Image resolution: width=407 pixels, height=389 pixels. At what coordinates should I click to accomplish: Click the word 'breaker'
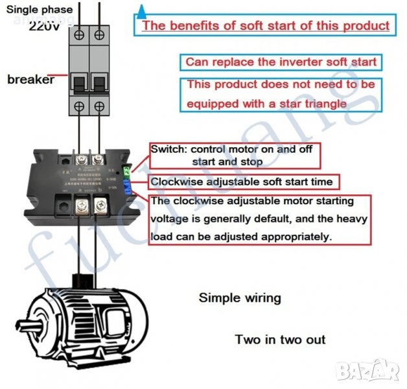31,80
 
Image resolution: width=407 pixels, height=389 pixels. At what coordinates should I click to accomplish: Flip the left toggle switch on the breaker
80,82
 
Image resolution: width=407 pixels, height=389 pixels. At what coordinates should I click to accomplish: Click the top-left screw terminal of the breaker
79,32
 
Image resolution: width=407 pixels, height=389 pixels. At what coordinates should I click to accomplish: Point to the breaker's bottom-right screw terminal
99,106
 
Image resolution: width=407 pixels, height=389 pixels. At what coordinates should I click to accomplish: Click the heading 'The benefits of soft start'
266,26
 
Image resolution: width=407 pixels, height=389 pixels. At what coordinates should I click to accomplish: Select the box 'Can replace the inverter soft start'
280,62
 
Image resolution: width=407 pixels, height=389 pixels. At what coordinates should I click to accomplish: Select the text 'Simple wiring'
240,298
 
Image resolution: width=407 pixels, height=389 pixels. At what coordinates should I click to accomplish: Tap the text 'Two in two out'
280,339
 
